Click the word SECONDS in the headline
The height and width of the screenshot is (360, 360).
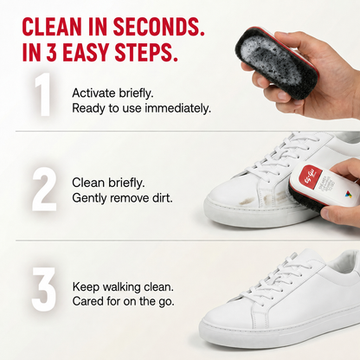[x=158, y=27]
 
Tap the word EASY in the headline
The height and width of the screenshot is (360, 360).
[x=85, y=52]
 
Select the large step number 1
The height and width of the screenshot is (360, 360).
[x=42, y=94]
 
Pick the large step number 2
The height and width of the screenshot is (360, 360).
[x=44, y=190]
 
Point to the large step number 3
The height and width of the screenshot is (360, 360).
[x=44, y=289]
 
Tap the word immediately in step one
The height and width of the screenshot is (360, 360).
[x=177, y=109]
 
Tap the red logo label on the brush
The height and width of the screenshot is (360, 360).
[x=308, y=176]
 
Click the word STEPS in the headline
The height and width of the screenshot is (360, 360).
[x=145, y=52]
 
